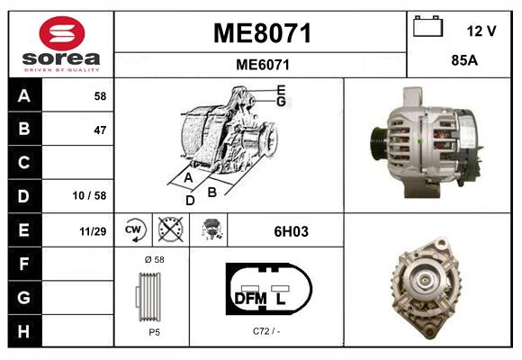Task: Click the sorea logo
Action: (60, 45)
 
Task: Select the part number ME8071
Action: (262, 34)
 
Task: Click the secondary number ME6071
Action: (262, 65)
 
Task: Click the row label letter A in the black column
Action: (23, 95)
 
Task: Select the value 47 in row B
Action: (99, 130)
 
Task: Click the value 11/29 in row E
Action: (93, 231)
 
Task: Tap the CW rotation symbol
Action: (134, 230)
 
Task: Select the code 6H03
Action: (291, 231)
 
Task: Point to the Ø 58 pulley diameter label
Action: (153, 259)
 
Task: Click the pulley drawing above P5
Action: (152, 295)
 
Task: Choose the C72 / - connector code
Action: (265, 331)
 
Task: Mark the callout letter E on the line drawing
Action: (281, 90)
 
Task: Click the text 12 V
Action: (481, 31)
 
